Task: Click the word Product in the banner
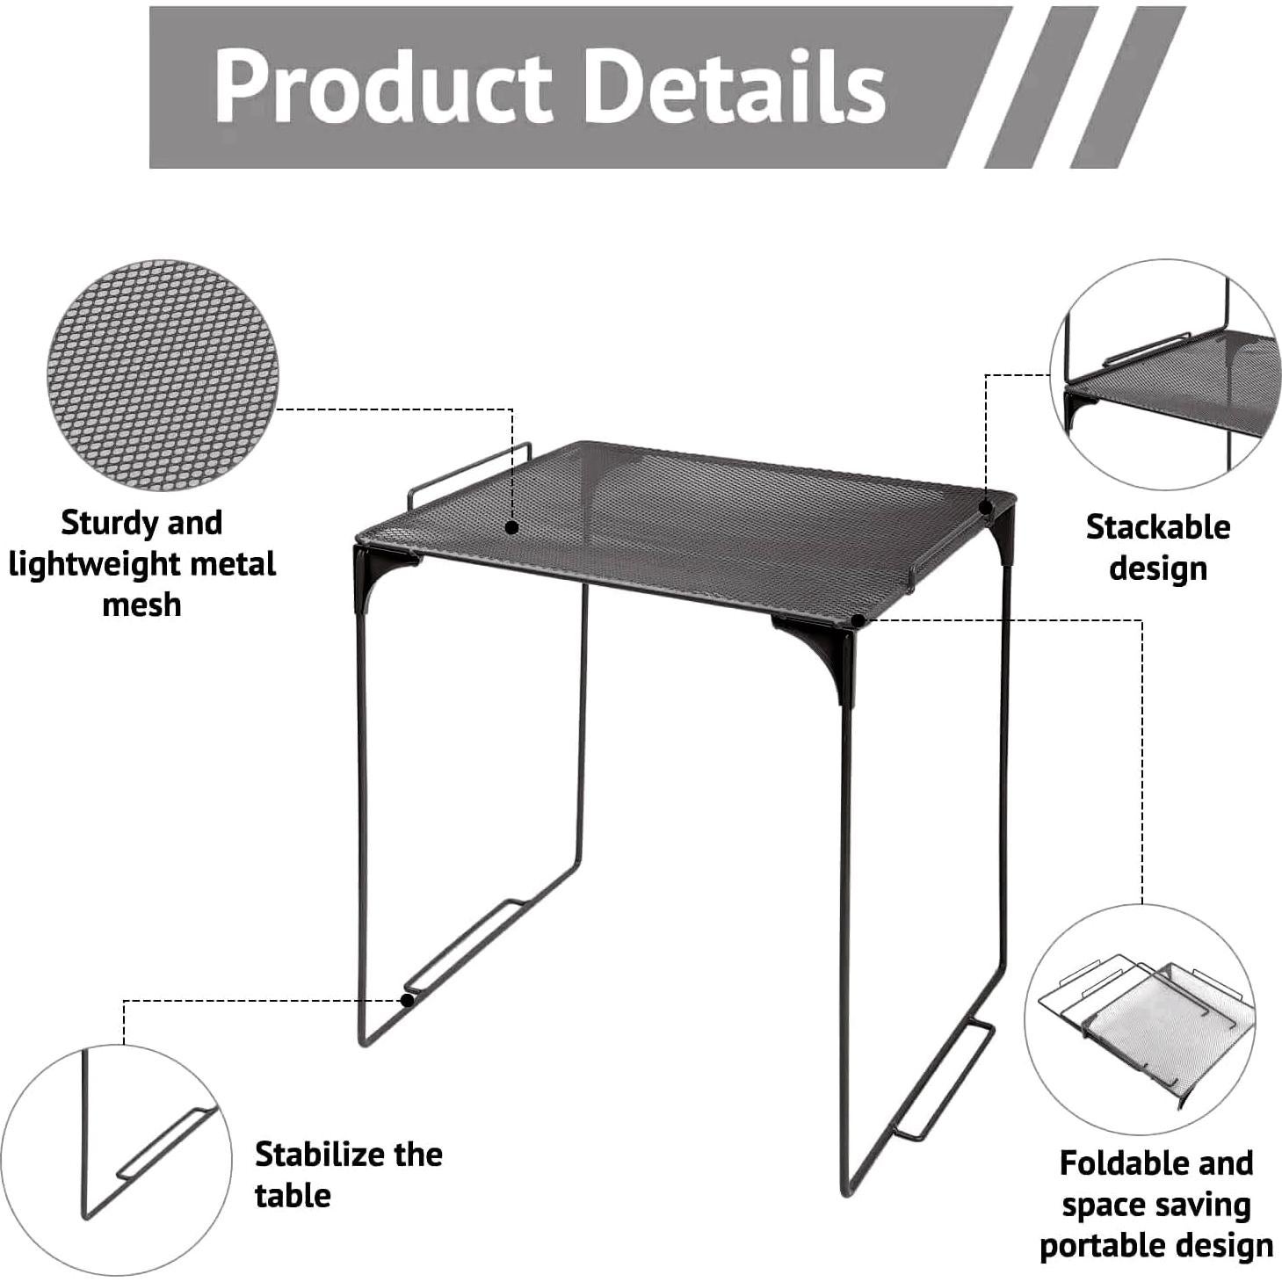[x=382, y=86]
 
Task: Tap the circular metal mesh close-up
[x=163, y=375]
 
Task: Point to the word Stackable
[x=1157, y=527]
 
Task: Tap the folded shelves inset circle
[x=1141, y=1020]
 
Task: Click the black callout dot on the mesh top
[x=511, y=527]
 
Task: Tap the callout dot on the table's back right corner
[x=986, y=507]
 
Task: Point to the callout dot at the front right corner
[x=858, y=620]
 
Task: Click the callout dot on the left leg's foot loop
[x=408, y=1000]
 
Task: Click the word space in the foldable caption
[x=1098, y=1205]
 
